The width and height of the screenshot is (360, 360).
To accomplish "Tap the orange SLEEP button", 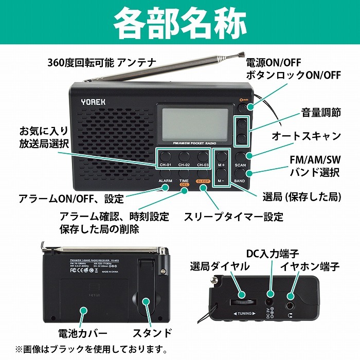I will [x=203, y=188].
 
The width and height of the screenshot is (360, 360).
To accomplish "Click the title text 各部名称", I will [x=180, y=23].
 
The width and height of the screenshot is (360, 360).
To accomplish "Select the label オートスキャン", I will [x=306, y=136].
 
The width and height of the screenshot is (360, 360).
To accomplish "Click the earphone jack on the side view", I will [x=292, y=297].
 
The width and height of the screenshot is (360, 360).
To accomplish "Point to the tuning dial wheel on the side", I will [x=243, y=301].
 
